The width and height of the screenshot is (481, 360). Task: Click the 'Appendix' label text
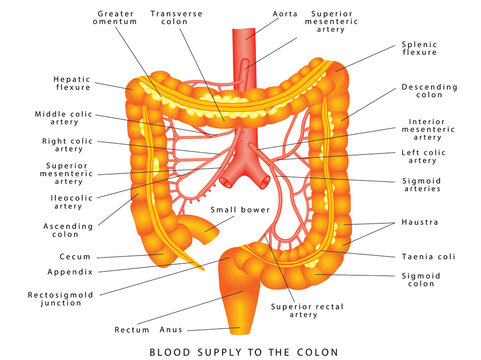pos(71,272)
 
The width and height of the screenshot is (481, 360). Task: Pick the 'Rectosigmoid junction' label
pos(70,300)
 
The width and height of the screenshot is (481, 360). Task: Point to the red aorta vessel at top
pos(243,40)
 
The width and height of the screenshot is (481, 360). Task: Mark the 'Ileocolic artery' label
pos(66,202)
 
